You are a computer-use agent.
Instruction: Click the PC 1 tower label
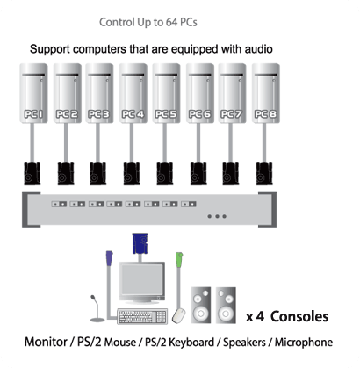pos(33,114)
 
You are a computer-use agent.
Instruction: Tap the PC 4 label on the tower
pos(133,114)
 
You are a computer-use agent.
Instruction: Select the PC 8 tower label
pos(266,114)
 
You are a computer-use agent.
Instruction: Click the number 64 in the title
pos(171,22)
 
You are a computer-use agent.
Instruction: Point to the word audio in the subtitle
pos(258,49)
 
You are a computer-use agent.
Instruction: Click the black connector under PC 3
pos(97,174)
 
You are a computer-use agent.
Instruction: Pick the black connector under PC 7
pos(231,174)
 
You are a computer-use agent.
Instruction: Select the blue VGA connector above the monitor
pos(140,243)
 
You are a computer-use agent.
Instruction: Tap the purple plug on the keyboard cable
pos(109,258)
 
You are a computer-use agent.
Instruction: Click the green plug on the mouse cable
pos(179,260)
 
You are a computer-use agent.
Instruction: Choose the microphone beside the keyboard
pos(97,308)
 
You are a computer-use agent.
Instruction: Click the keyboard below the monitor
pos(142,316)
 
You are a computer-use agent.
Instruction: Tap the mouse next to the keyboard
pos(179,315)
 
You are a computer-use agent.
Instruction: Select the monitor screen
pos(142,280)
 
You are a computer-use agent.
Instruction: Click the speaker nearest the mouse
pos(201,305)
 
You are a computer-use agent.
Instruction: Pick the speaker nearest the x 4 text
pos(226,305)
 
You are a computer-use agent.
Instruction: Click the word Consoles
pos(299,316)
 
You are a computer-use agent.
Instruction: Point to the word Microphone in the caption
pos(304,343)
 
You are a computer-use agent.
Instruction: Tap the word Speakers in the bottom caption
pos(244,343)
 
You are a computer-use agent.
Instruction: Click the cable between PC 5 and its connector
pos(165,142)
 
